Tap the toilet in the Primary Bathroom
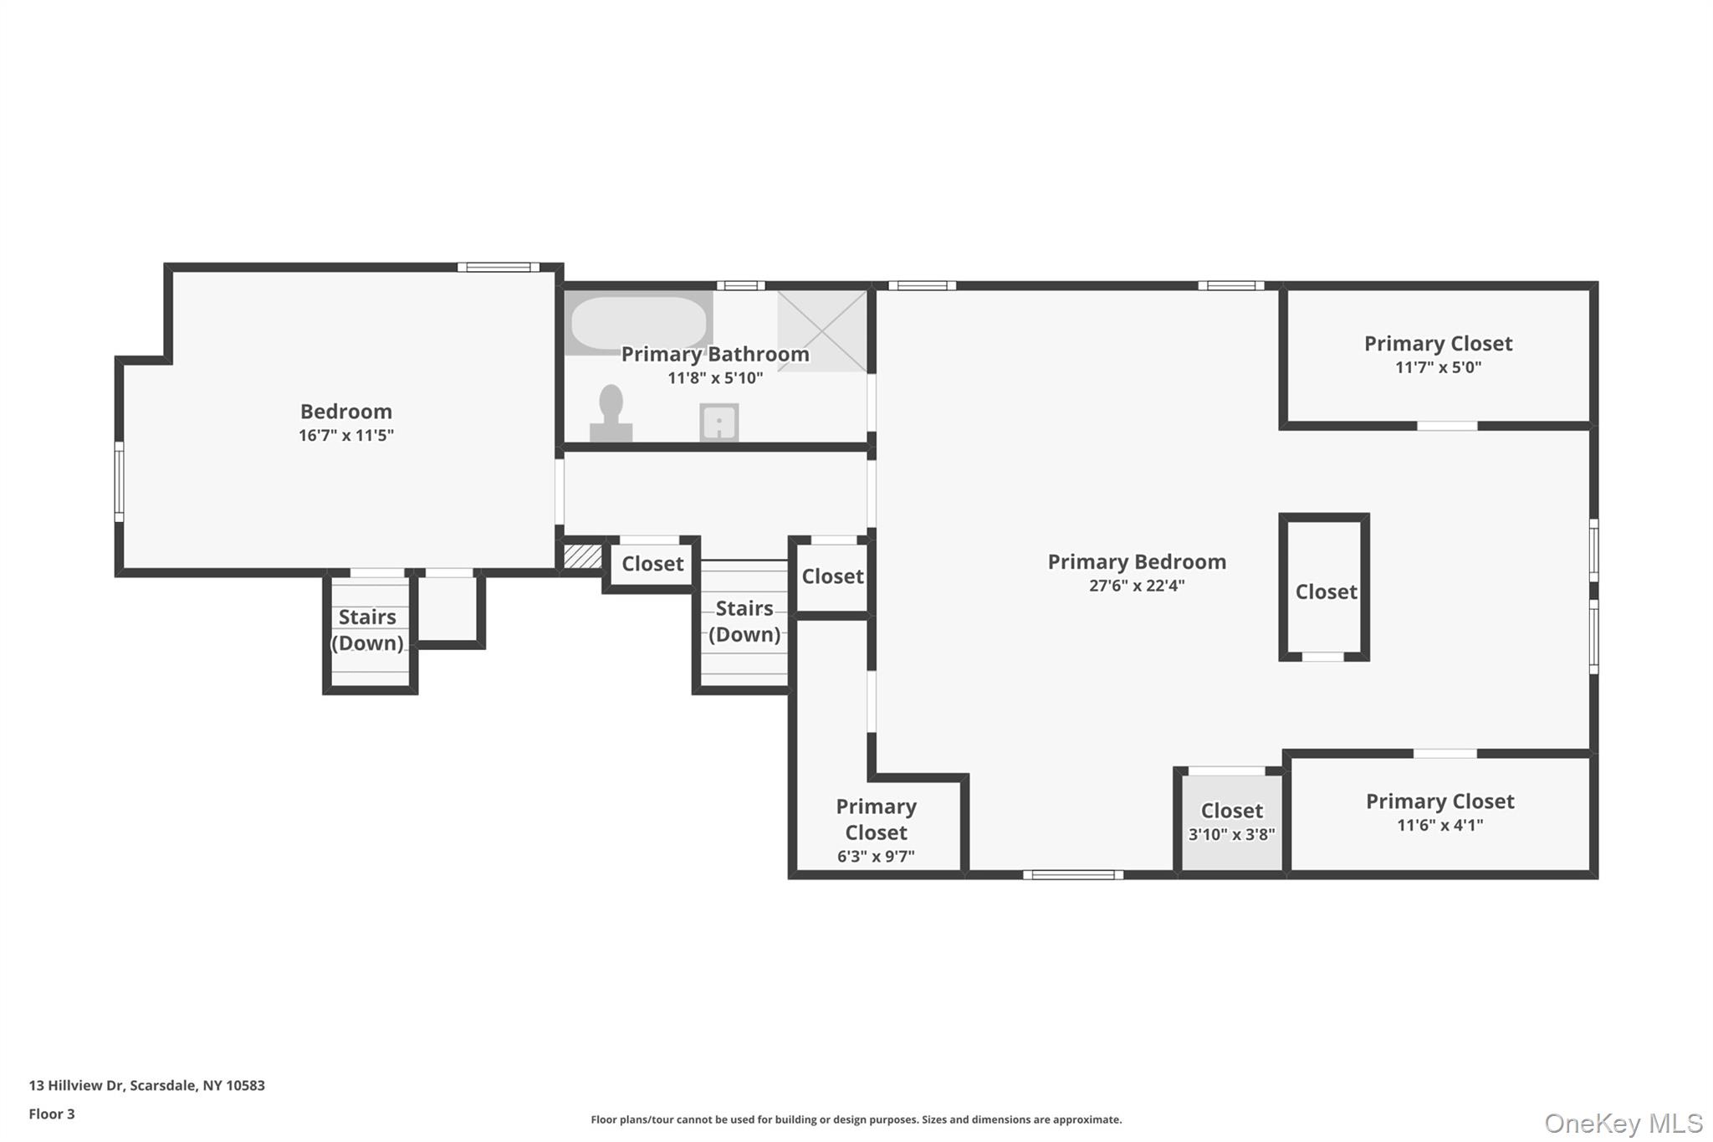coord(611,412)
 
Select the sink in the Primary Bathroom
coord(718,422)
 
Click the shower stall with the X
coord(822,330)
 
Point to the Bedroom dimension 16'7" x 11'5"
coord(346,435)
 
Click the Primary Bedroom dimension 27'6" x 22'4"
coord(1137,586)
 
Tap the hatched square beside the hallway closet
coord(582,556)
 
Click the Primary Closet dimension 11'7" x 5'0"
coord(1438,367)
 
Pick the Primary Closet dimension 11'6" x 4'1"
coord(1439,825)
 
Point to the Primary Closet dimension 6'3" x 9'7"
coord(876,856)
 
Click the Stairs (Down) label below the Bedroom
coord(367,630)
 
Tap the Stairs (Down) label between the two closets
coord(744,621)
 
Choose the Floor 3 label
coord(52,1114)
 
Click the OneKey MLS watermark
coord(1624,1123)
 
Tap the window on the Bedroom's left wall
coord(119,482)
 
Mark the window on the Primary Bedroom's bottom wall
coord(1073,875)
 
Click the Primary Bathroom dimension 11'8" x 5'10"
coord(715,378)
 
